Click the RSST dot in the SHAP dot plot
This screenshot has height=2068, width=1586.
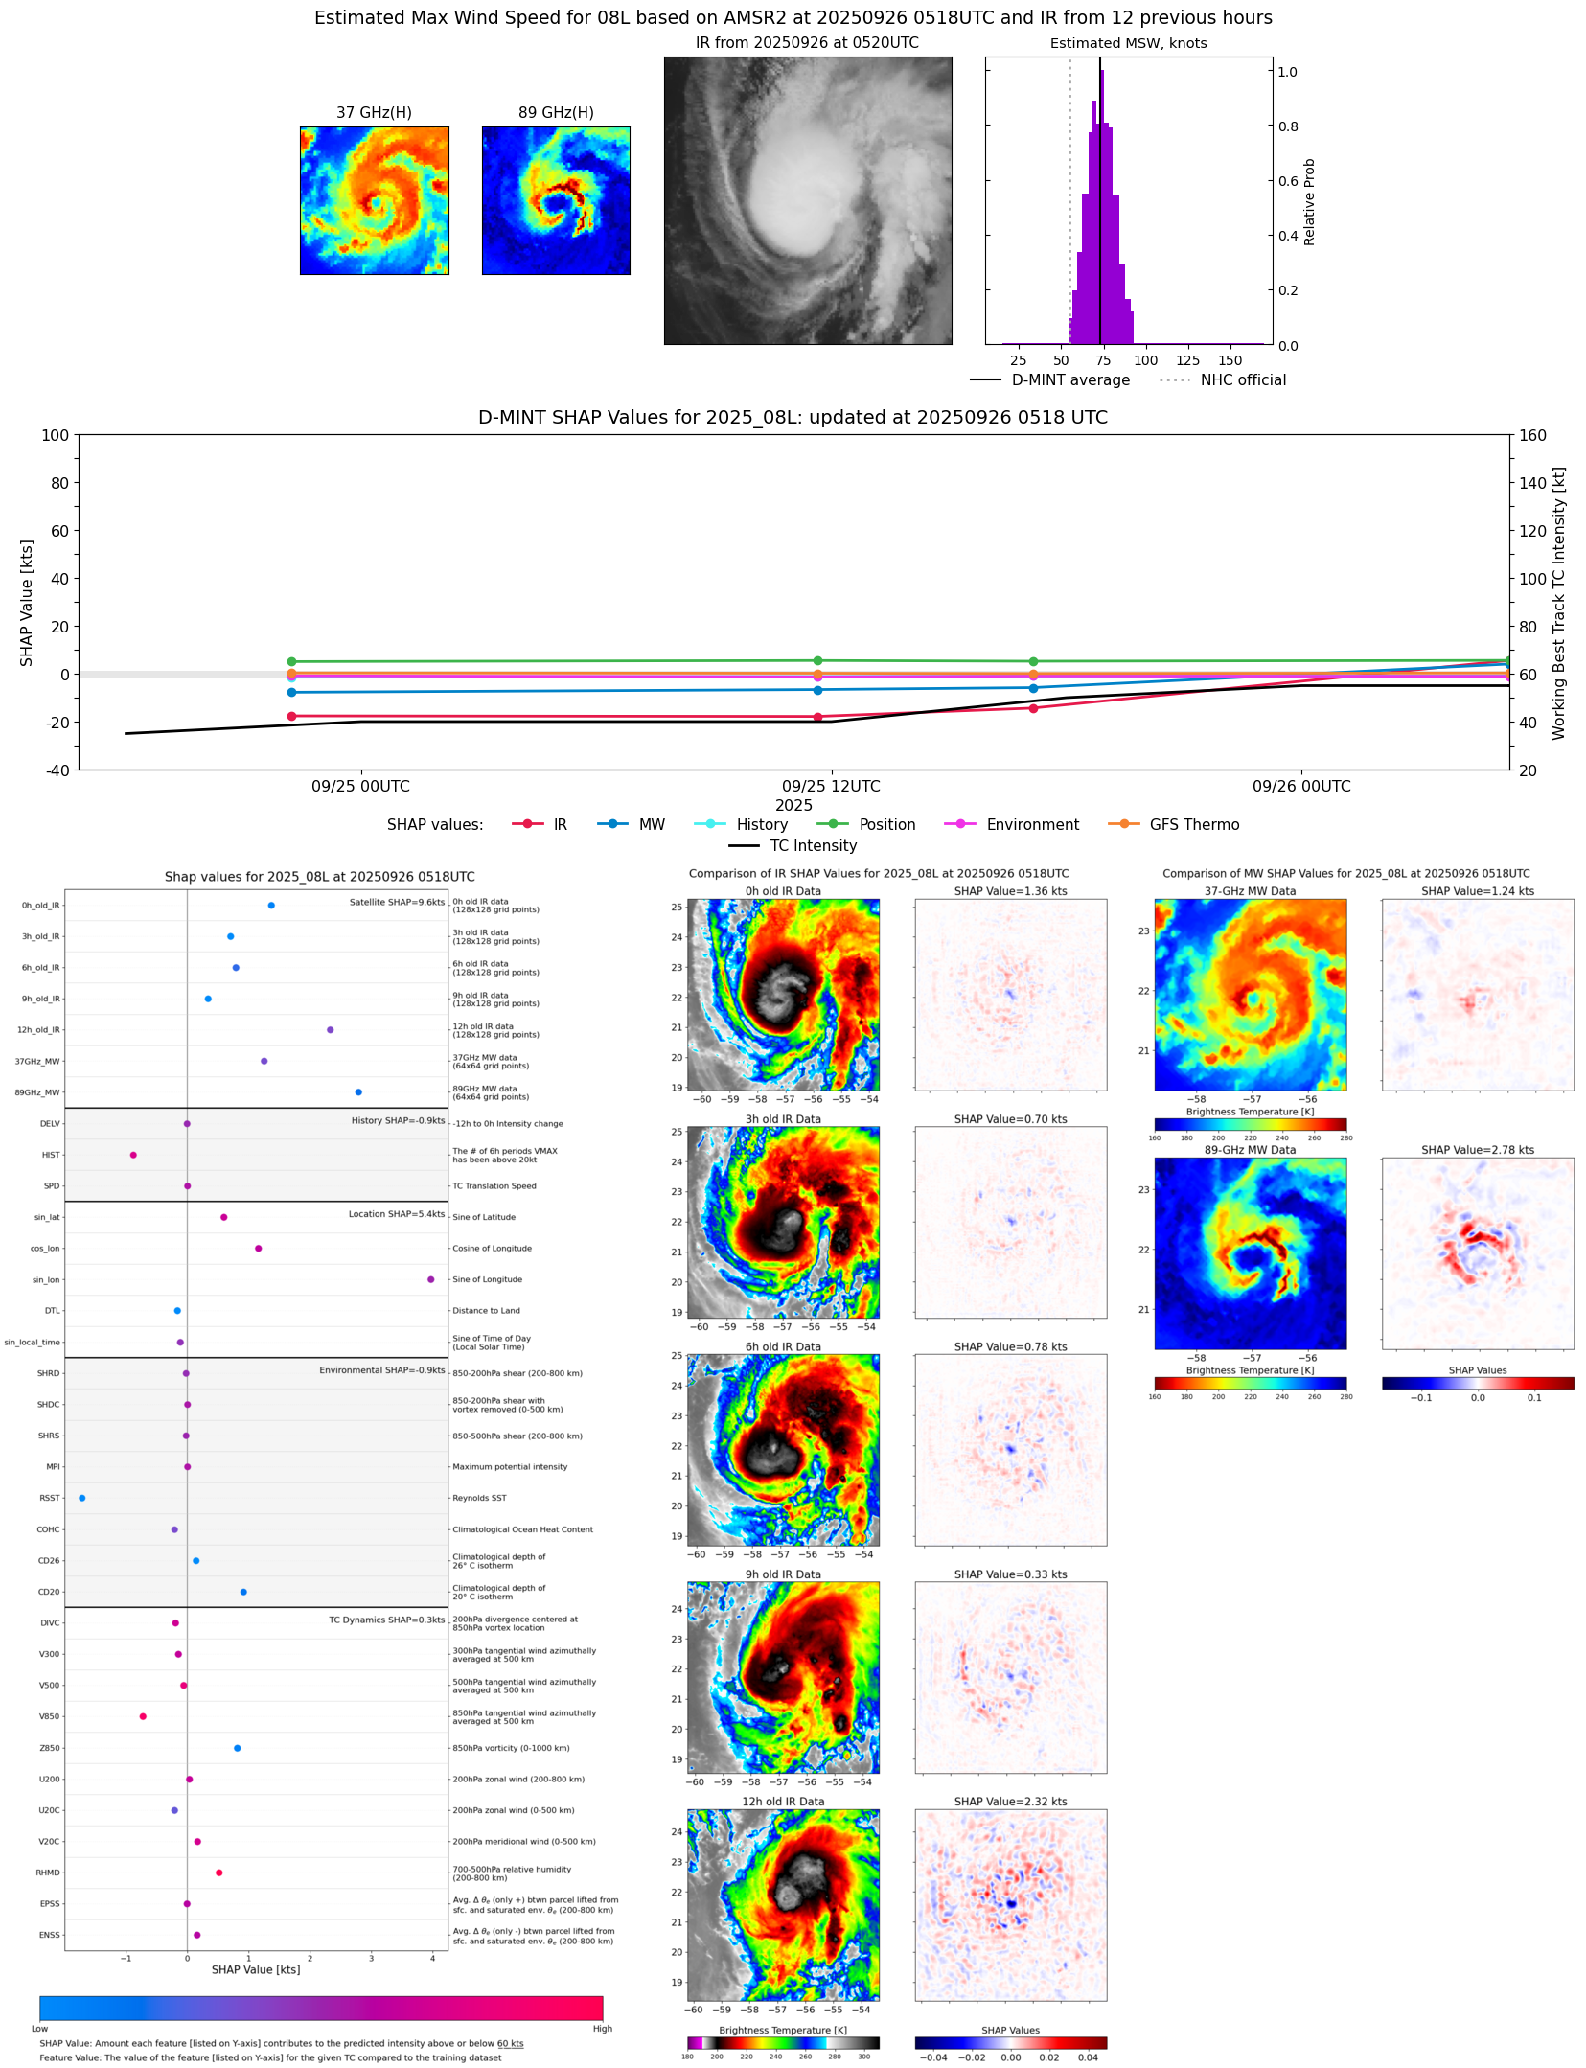point(81,1498)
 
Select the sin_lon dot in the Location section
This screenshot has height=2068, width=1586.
point(430,1279)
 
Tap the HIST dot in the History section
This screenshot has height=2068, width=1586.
point(133,1155)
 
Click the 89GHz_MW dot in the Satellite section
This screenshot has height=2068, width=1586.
point(358,1091)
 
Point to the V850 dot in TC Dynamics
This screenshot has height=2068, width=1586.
point(143,1716)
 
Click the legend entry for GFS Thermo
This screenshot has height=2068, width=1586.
point(1194,824)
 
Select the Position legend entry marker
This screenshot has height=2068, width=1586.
point(833,824)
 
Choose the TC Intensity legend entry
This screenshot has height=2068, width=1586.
point(813,845)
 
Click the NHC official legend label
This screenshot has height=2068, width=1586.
point(1243,379)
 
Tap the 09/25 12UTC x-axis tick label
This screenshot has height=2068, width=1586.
point(831,786)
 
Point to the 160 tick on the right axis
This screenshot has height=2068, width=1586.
point(1532,435)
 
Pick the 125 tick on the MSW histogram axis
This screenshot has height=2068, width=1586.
point(1187,360)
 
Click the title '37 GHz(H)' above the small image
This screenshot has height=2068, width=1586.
point(374,112)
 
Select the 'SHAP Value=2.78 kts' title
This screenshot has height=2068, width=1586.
point(1477,1150)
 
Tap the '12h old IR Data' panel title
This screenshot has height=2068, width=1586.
point(783,1802)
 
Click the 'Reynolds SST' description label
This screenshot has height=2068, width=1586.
point(479,1498)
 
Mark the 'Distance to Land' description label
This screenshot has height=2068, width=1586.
point(486,1310)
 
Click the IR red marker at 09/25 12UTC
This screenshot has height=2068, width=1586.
point(817,717)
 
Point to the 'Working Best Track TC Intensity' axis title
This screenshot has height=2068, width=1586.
point(1559,603)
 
